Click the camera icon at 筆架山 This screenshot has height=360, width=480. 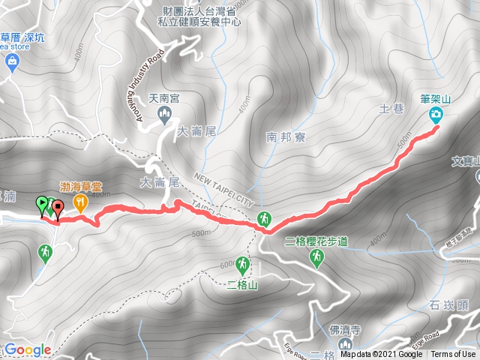pos(436,115)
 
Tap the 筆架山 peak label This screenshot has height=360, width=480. pos(435,97)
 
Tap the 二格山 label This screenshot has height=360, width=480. pos(241,283)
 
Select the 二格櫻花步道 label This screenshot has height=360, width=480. pos(317,241)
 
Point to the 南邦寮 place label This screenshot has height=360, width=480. pos(283,137)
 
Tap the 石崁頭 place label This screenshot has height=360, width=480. pos(450,305)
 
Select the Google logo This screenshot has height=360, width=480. pos(28,349)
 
